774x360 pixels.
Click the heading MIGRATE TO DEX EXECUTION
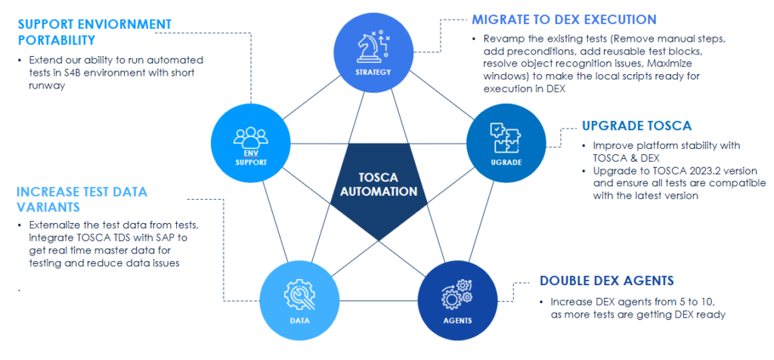[564, 19]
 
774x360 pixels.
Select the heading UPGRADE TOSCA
[636, 126]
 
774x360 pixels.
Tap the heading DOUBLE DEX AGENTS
[606, 281]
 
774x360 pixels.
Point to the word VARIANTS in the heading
[49, 206]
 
